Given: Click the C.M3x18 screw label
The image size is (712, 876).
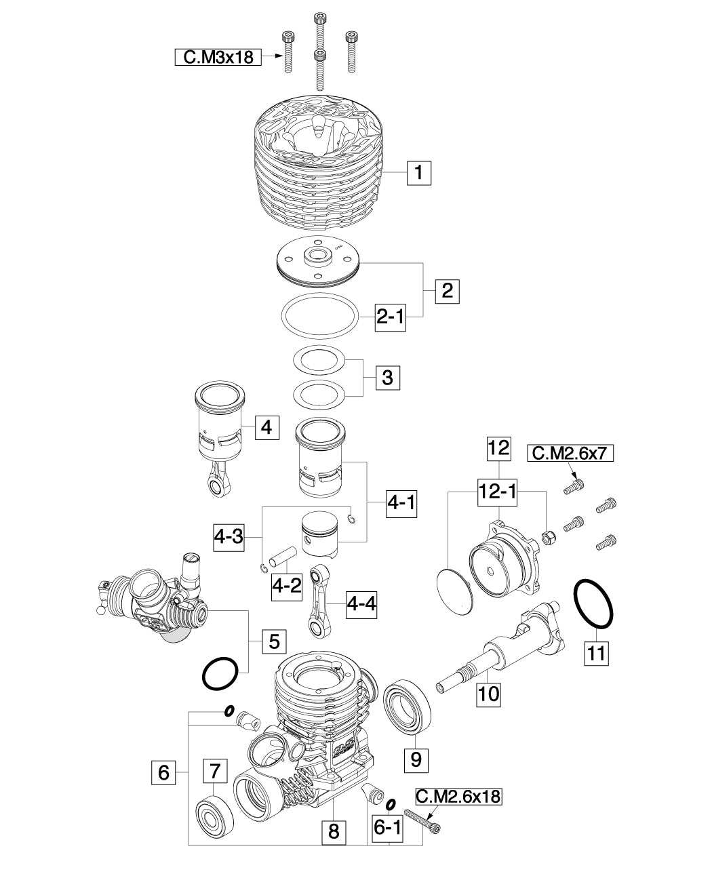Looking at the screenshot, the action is (x=218, y=57).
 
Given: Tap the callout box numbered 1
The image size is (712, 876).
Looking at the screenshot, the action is (x=419, y=173).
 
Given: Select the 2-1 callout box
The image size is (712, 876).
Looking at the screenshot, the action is (x=391, y=317).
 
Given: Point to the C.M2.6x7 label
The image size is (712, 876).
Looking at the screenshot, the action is (x=570, y=453).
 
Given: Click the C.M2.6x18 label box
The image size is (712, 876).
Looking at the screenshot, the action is (x=458, y=797).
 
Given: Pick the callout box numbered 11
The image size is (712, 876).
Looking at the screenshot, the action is (x=597, y=654).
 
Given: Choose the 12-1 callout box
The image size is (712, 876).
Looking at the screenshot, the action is (x=497, y=492).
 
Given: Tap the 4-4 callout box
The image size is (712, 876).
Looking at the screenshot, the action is (x=361, y=603).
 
